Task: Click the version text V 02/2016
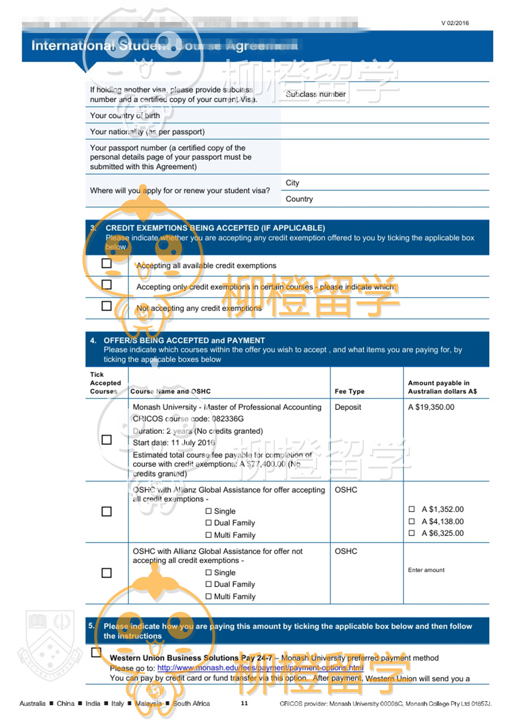coord(455,23)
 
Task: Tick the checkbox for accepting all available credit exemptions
coord(106,263)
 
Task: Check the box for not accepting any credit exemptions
coord(106,306)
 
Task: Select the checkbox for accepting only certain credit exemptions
coord(106,285)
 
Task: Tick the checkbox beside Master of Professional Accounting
coord(106,440)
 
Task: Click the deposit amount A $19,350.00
coord(431,407)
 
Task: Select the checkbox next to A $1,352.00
coord(412,509)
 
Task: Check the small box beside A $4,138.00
coord(412,521)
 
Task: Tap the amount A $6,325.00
coord(442,533)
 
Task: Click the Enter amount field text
coord(426,570)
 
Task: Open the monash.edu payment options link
coord(260,668)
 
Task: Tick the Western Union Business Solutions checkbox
coord(96,652)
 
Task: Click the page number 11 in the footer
coord(245,703)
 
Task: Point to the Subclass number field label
coord(315,94)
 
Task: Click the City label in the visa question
coord(292,183)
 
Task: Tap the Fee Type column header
coord(350,391)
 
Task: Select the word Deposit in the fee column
coord(348,407)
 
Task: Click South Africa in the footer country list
coord(191,703)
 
